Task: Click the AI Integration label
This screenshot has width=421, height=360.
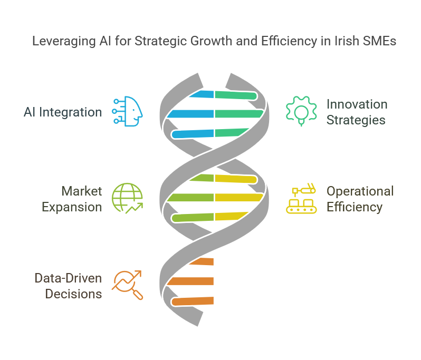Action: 63,112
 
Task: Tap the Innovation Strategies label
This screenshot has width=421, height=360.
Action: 357,112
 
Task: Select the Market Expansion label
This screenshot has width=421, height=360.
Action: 72,199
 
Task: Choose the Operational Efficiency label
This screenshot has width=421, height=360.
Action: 360,199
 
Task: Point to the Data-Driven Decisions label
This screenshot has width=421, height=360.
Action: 68,286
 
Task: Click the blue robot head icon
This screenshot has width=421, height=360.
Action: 127,111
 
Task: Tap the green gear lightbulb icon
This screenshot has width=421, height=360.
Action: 301,111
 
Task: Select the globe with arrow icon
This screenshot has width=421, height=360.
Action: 127,198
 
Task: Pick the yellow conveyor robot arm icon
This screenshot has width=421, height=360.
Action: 301,198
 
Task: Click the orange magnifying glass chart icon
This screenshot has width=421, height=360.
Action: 127,285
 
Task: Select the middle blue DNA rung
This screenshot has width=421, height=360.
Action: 190,114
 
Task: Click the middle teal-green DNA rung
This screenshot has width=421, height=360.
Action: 239,114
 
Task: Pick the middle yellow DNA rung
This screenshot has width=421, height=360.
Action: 239,198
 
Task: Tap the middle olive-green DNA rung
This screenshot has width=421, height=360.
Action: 190,198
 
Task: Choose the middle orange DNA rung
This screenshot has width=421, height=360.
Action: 190,281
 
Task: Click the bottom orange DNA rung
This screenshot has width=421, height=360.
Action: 193,301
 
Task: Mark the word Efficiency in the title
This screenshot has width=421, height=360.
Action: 289,41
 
